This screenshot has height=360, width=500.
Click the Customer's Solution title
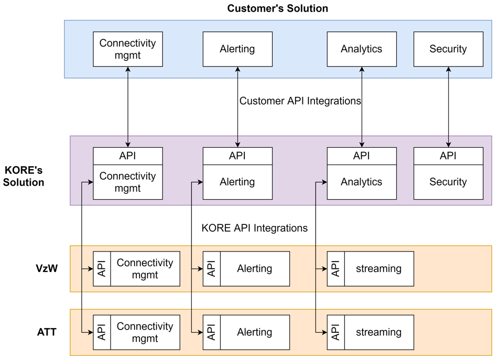click(277, 8)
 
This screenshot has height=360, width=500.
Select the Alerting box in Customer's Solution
click(237, 49)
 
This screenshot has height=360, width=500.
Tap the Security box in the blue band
click(448, 49)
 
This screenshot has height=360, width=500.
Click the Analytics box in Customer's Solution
click(362, 49)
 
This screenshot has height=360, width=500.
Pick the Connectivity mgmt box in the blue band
click(128, 49)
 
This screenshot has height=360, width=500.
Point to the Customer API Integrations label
click(300, 101)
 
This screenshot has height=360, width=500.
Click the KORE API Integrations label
click(254, 228)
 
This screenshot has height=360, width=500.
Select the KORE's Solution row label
click(24, 177)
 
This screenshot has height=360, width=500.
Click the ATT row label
click(47, 332)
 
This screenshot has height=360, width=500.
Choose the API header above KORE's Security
click(448, 156)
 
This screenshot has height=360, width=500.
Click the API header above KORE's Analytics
click(362, 156)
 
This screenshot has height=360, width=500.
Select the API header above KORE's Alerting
click(237, 156)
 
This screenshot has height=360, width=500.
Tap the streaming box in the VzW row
click(378, 269)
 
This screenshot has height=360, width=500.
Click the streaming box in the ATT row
click(378, 332)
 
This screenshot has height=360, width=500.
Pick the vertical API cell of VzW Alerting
click(212, 269)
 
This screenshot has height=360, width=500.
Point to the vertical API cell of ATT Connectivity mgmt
click(102, 332)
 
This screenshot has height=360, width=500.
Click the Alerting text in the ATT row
click(255, 332)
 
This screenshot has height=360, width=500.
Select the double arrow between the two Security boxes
click(448, 107)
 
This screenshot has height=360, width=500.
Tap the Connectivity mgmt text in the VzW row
click(145, 269)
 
